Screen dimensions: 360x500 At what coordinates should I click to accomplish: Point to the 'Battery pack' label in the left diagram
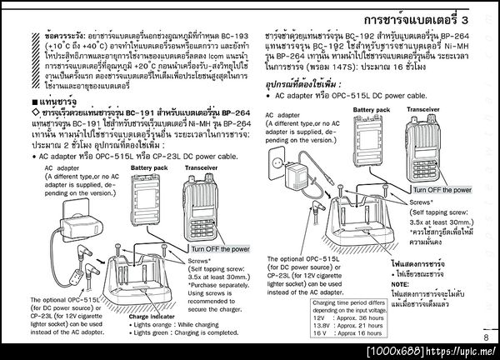pyautogui.click(x=150, y=167)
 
